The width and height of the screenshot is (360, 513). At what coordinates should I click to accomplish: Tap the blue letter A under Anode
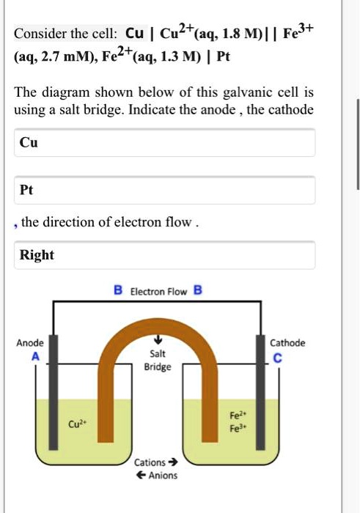(x=33, y=355)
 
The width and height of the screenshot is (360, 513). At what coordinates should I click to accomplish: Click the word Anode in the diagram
(x=30, y=343)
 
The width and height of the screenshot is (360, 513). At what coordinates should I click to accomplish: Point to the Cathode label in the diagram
(x=287, y=343)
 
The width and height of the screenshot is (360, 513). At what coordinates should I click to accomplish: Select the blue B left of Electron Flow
(x=117, y=290)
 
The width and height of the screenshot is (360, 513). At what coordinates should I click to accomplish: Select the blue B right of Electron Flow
(x=197, y=290)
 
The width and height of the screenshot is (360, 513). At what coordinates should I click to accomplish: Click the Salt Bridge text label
(x=158, y=360)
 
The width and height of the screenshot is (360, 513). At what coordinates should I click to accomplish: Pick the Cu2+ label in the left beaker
(x=76, y=424)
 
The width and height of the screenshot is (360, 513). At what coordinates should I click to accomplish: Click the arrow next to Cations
(x=173, y=462)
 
